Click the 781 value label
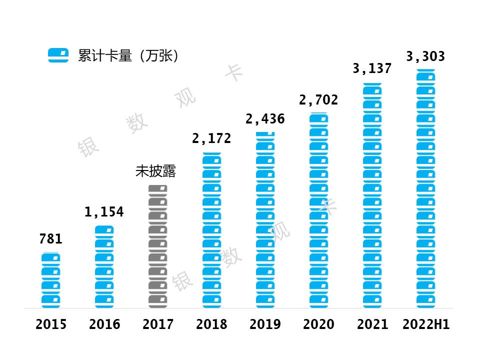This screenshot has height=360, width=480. tap(50, 239)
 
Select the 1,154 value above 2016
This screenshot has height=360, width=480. tap(104, 212)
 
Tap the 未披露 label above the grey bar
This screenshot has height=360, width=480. tap(156, 171)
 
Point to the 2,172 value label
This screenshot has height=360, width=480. tap(211, 138)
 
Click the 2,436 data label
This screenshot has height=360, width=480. tap(265, 119)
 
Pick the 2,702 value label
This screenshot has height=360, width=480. tap(318, 100)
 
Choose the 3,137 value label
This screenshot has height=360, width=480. tap(372, 68)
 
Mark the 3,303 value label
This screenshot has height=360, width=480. tap(425, 56)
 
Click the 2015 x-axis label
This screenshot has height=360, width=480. tap(51, 324)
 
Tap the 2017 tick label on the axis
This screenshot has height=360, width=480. tap(158, 324)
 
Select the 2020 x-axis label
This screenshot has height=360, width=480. tap(318, 324)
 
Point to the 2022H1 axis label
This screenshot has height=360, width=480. tap(426, 324)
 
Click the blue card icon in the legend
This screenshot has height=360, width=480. tap(58, 55)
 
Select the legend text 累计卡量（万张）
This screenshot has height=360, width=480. tap(128, 55)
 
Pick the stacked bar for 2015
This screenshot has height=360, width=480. tap(51, 280)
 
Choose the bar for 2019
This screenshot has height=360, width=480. tap(265, 220)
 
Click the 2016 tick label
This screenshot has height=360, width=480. tap(104, 324)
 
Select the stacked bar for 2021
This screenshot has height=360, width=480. tap(372, 195)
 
